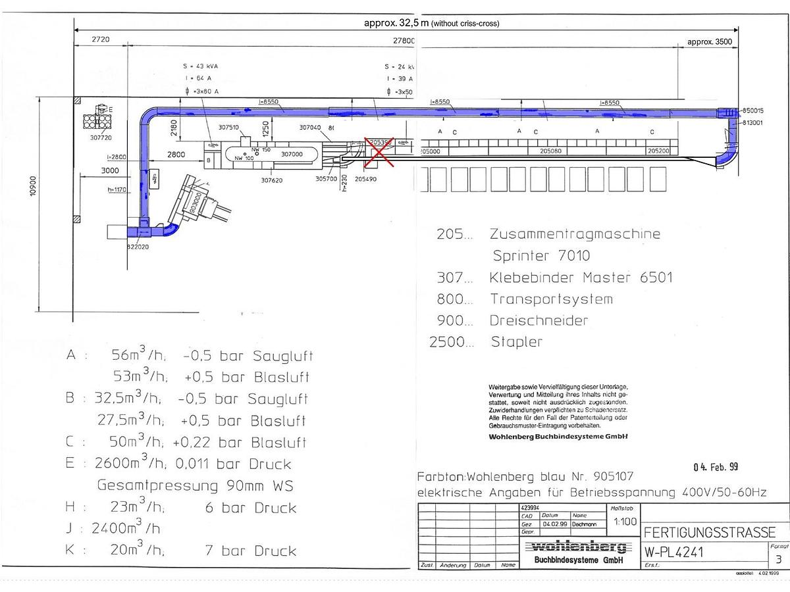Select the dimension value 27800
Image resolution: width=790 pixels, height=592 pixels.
point(404,41)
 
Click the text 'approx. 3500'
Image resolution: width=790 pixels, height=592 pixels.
point(710,41)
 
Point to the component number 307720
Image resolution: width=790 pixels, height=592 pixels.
point(101,138)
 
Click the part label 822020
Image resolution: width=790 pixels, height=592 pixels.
point(139,247)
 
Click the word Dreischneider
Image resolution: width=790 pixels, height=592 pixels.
point(539,320)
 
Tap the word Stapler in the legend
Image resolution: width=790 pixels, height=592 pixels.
point(517,342)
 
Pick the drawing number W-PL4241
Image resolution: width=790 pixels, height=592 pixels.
point(673,552)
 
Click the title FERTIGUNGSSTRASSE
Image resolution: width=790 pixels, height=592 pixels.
point(709,532)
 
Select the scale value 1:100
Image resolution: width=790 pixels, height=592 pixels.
point(624,522)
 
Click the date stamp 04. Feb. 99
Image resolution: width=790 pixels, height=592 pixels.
point(716,467)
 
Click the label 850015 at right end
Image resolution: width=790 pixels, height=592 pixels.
point(752,111)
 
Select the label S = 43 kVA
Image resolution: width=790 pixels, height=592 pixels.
point(200,66)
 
